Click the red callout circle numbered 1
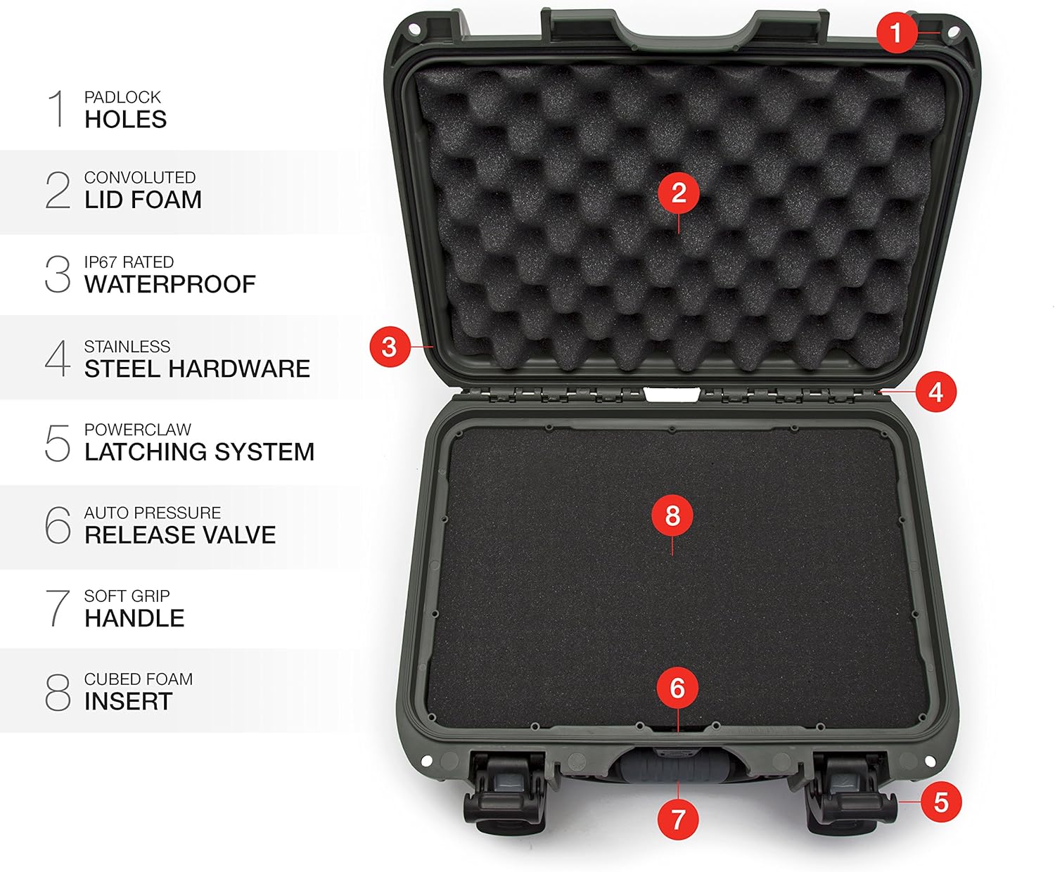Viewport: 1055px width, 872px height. [895, 32]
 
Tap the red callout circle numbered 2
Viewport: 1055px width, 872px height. [678, 193]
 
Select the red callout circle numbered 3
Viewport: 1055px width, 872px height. [389, 347]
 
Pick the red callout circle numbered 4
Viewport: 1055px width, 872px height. [935, 392]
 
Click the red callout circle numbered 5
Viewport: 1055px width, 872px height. [940, 802]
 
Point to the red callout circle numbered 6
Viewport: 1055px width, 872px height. [677, 688]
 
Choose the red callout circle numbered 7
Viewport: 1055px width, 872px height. [677, 819]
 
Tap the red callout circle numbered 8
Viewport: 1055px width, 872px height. [672, 515]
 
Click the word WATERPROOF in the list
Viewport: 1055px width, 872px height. [170, 284]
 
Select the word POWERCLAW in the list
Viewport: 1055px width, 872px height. [137, 430]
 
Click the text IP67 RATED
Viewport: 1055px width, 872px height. [129, 262]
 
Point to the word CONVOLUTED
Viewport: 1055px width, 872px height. [139, 178]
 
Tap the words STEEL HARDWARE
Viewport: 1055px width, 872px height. [197, 368]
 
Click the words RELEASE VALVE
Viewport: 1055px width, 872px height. [180, 535]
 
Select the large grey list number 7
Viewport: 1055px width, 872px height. [58, 608]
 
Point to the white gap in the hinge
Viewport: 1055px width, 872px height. [672, 395]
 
